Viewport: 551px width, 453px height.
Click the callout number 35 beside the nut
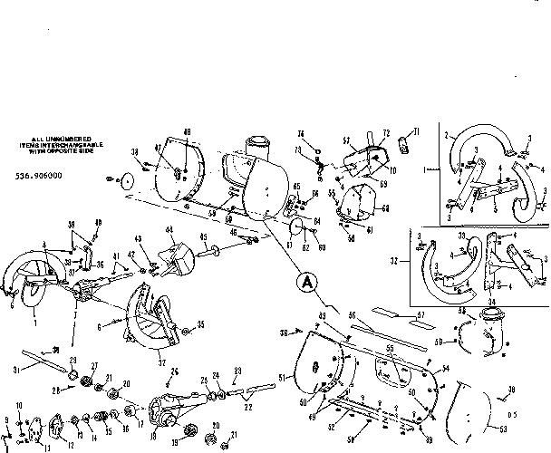[x=200, y=323]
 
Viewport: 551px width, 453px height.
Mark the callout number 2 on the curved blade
[x=447, y=134]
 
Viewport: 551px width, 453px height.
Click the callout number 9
[x=8, y=419]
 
